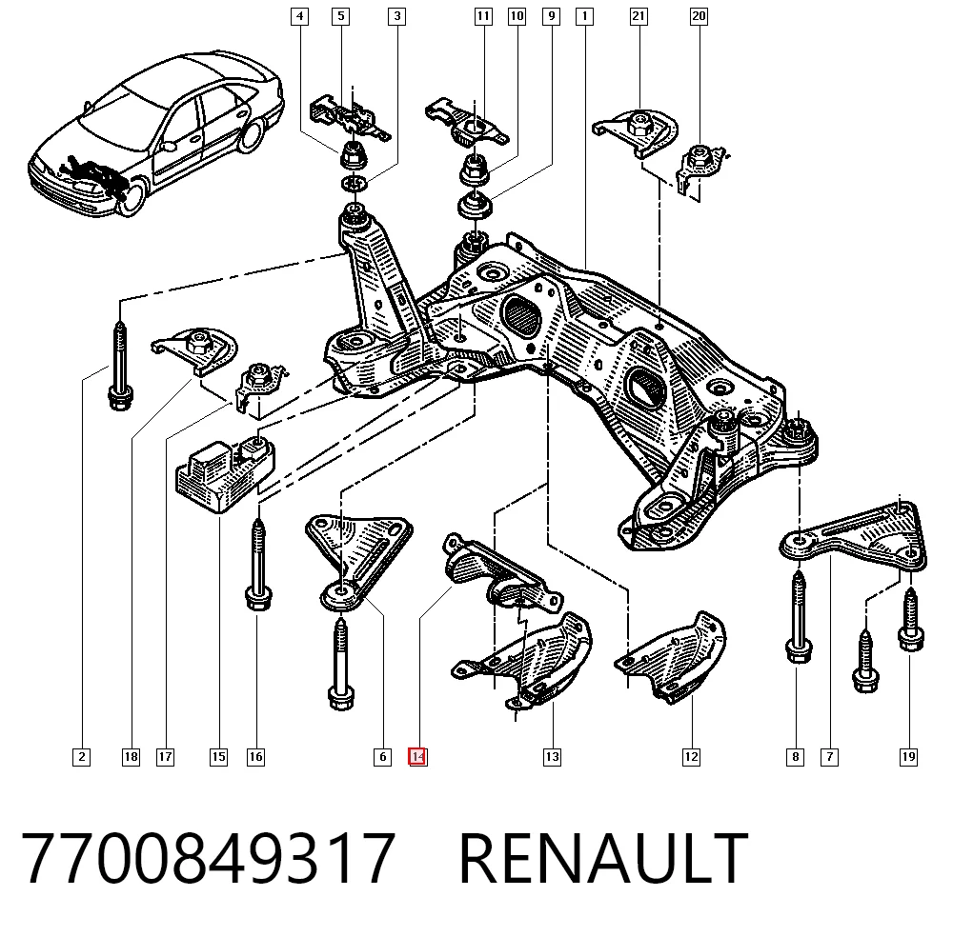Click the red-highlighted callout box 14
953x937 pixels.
coord(417,757)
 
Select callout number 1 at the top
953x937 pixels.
coord(585,16)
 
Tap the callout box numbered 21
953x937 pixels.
coord(639,16)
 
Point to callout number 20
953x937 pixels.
coord(699,16)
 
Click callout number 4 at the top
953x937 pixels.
coord(299,16)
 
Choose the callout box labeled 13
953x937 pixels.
coord(552,757)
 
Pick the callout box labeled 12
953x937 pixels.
coord(691,757)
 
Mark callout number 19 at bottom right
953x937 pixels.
coord(908,757)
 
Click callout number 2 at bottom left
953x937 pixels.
coord(81,757)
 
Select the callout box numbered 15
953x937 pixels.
coord(219,757)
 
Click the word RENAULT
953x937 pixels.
coord(603,858)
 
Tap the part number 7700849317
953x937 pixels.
coord(209,858)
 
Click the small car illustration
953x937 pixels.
coord(156,133)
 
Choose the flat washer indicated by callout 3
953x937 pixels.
coord(354,183)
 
